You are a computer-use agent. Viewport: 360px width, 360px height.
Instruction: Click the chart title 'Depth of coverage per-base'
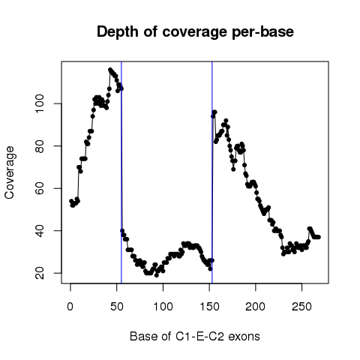point(195,31)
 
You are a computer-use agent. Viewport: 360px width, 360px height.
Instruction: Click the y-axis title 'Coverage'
point(9,172)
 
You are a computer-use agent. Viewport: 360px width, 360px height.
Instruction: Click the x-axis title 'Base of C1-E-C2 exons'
point(195,336)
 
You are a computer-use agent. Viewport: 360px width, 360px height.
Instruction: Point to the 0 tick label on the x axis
point(70,307)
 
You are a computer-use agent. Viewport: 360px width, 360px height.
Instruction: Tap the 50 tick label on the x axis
point(117,307)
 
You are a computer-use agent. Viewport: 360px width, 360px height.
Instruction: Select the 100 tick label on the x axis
point(163,307)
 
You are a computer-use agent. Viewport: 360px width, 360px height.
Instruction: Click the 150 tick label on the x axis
point(209,307)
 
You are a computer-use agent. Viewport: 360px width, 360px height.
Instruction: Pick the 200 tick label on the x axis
point(255,307)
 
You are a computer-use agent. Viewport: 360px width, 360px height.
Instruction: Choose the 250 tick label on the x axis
point(301,307)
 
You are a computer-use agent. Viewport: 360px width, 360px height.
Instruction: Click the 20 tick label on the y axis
point(40,273)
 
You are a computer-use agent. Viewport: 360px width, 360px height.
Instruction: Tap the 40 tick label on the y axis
point(40,230)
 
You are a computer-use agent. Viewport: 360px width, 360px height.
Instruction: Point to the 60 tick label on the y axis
point(40,188)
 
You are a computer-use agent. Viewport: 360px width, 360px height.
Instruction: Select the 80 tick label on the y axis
point(40,145)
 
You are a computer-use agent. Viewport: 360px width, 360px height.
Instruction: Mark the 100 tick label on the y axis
point(40,103)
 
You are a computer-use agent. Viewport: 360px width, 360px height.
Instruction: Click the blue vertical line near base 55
point(121,172)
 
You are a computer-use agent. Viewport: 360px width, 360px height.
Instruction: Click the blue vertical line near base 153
point(212,172)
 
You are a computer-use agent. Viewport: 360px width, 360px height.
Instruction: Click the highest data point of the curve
point(110,70)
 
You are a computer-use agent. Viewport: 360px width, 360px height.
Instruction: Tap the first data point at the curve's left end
point(71,201)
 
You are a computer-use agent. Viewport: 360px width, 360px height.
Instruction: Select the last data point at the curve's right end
point(319,237)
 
